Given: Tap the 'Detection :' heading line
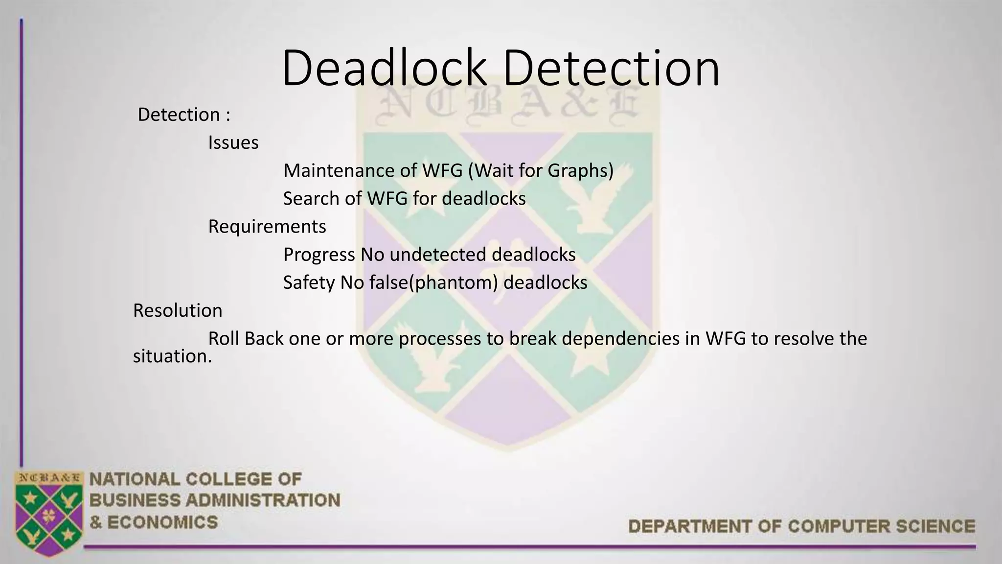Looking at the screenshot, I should pyautogui.click(x=184, y=115).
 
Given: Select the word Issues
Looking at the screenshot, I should pyautogui.click(x=233, y=142).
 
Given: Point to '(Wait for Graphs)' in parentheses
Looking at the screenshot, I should pyautogui.click(x=540, y=170).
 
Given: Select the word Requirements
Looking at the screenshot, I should pyautogui.click(x=267, y=226).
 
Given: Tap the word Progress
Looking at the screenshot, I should pyautogui.click(x=319, y=255).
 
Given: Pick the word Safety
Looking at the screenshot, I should pyautogui.click(x=309, y=282).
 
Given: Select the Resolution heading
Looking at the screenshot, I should pyautogui.click(x=178, y=310).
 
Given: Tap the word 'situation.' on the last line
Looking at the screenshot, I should pyautogui.click(x=172, y=356).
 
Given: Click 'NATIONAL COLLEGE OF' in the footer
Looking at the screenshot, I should pyautogui.click(x=196, y=479).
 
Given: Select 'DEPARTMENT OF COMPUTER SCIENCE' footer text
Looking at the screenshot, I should pyautogui.click(x=801, y=526).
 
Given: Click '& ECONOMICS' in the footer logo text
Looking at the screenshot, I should pyautogui.click(x=154, y=522).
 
